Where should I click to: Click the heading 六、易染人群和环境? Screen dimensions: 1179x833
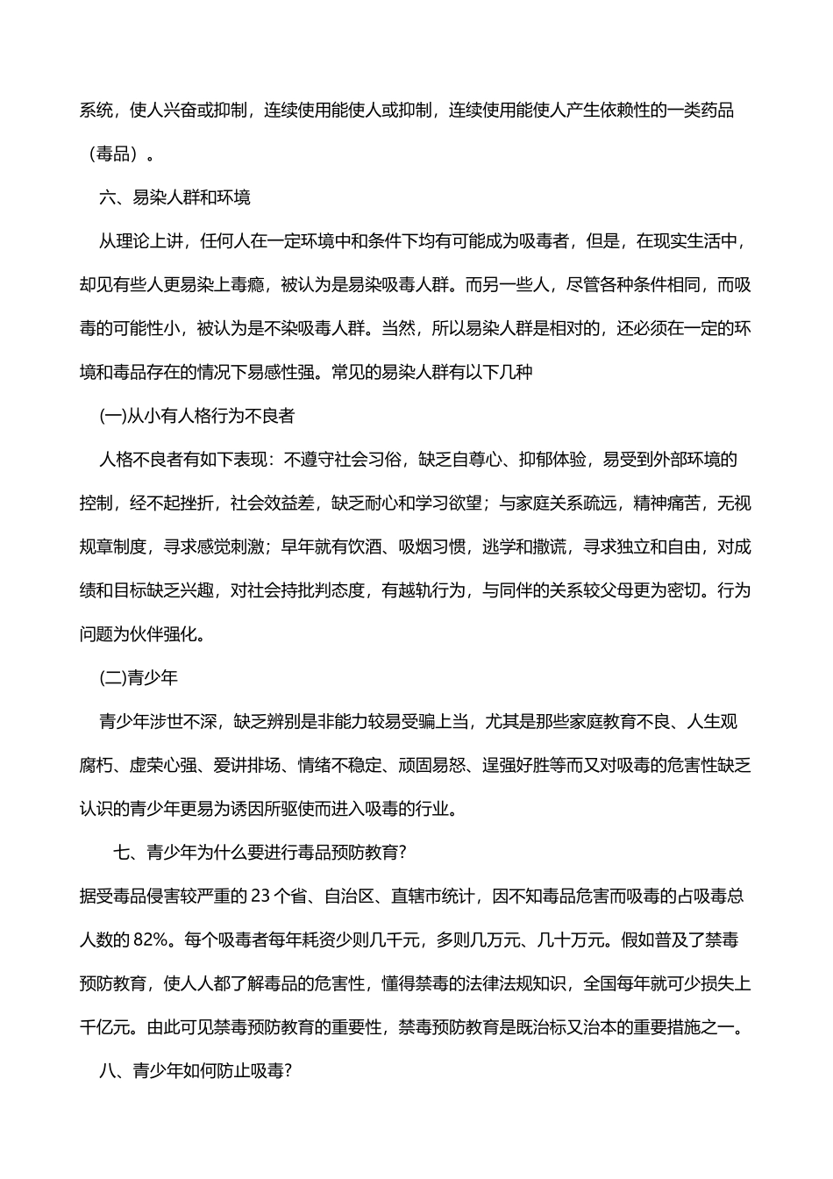click(x=174, y=197)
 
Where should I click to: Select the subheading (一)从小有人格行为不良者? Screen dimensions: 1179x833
click(x=197, y=416)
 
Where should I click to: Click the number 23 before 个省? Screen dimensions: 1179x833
click(x=261, y=897)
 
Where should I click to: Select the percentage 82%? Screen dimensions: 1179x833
click(x=156, y=940)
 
